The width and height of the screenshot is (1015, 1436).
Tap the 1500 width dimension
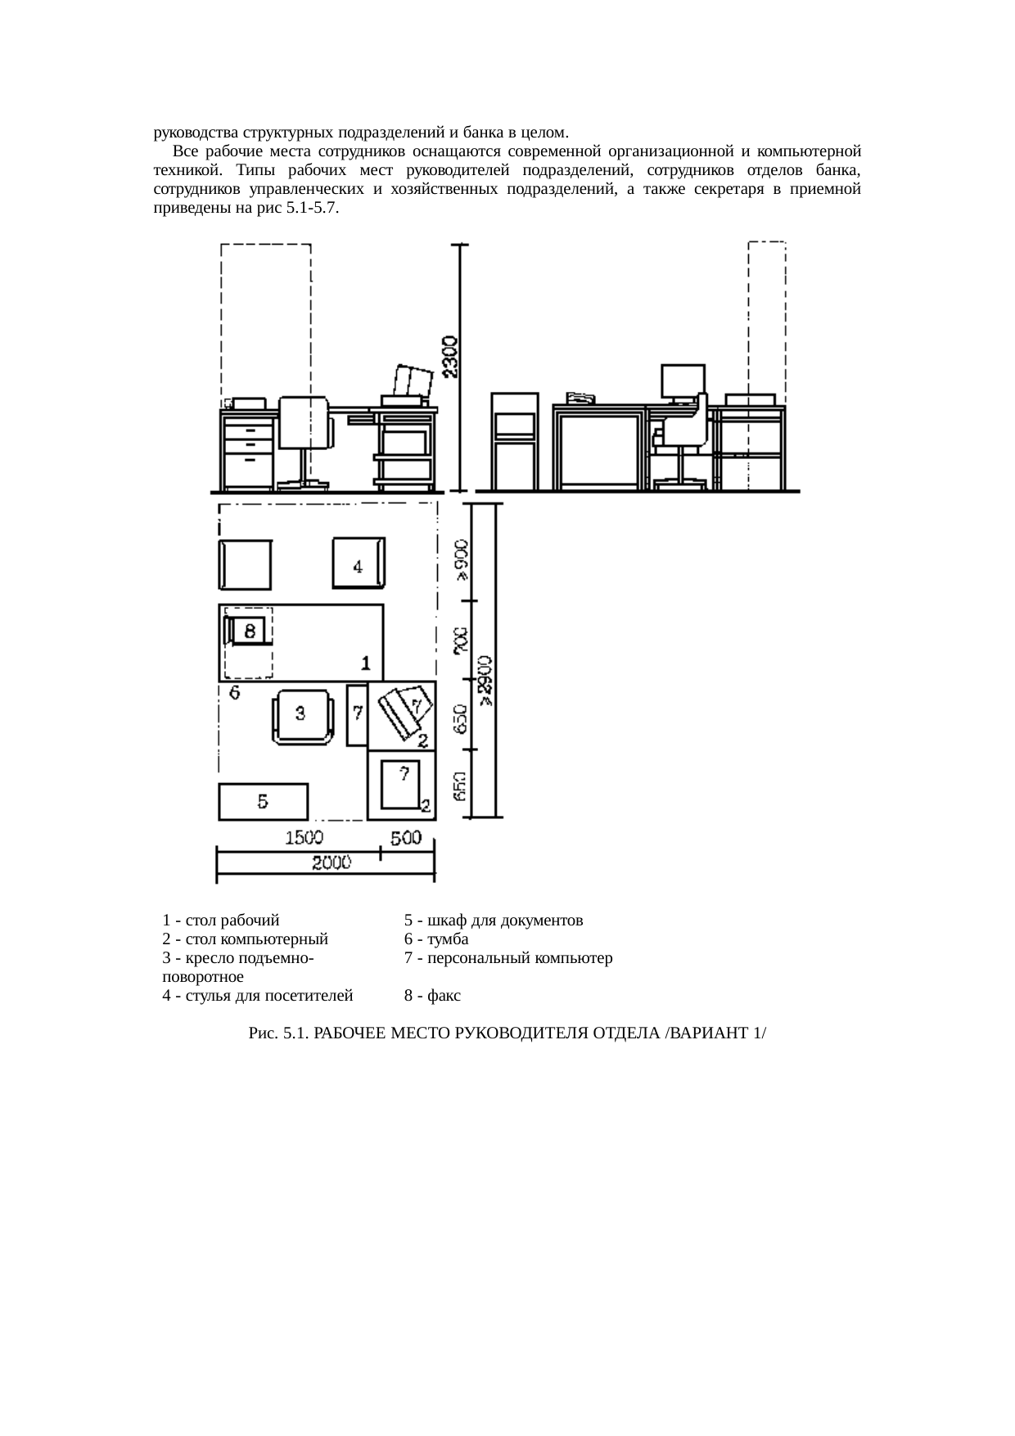click(304, 838)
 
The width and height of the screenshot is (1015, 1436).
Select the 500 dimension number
click(405, 838)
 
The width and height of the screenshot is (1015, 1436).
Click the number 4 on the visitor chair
click(358, 566)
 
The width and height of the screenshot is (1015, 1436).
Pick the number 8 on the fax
click(250, 631)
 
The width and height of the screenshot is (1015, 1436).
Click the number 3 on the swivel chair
click(300, 713)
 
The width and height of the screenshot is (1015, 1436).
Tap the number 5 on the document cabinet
click(263, 801)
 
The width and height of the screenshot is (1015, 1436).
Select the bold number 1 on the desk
click(367, 662)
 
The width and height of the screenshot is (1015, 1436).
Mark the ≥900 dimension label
click(462, 560)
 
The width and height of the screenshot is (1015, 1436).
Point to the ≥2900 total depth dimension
click(486, 679)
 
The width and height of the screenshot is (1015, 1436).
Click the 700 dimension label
click(461, 641)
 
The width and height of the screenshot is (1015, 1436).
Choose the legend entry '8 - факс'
click(432, 996)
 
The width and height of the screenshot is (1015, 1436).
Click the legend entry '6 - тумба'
click(436, 939)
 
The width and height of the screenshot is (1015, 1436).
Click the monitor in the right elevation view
click(683, 381)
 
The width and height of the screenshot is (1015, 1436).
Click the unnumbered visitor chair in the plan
click(244, 564)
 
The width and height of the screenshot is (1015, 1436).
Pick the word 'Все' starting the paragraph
click(185, 152)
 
